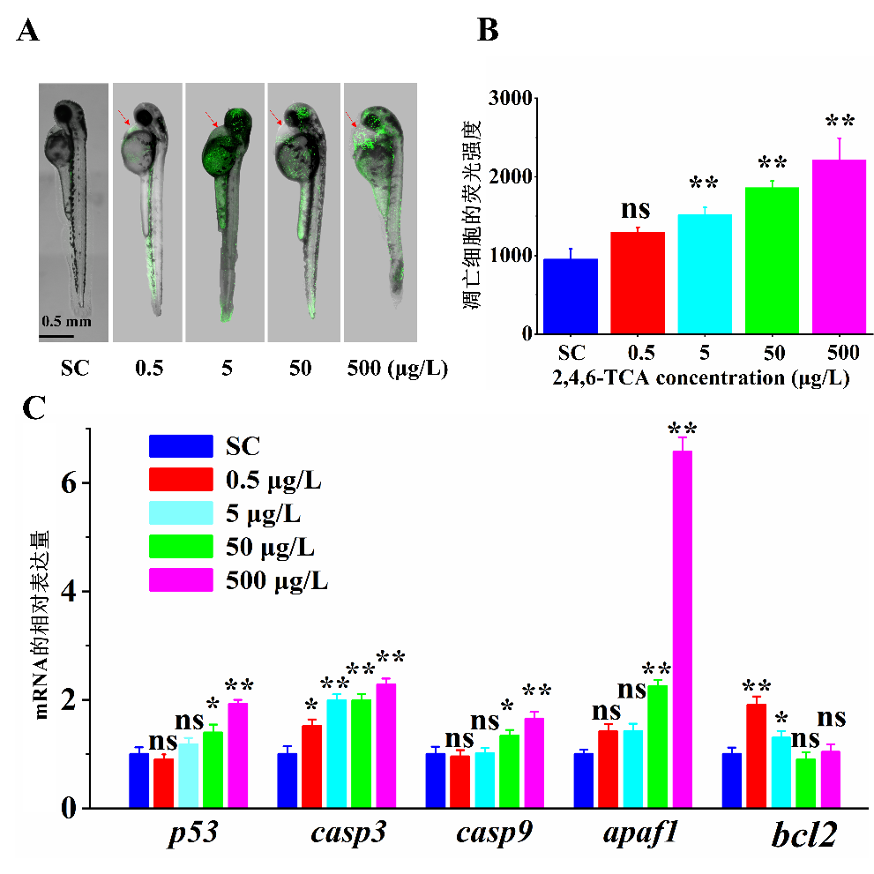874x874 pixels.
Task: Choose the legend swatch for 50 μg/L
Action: tap(181, 547)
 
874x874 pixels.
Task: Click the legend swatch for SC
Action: tap(181, 445)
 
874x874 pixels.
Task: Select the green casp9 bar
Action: tap(510, 771)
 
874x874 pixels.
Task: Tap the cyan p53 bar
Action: tap(188, 775)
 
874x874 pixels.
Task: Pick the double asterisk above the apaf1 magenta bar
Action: tap(683, 429)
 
